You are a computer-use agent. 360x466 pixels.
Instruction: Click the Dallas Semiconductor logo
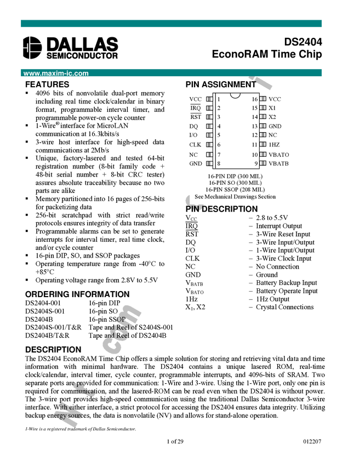(70, 48)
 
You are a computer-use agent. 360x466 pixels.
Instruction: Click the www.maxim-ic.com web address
(56, 73)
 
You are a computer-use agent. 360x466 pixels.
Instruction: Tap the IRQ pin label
(196, 108)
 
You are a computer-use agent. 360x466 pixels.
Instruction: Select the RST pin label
(196, 117)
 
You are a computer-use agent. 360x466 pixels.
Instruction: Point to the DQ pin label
(194, 126)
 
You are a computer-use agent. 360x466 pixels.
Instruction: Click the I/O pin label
(193, 135)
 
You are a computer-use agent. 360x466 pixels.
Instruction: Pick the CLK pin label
(195, 145)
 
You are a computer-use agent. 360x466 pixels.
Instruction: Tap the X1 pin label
(272, 108)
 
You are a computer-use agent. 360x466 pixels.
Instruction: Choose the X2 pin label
(272, 117)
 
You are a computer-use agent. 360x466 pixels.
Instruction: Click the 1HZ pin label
(274, 145)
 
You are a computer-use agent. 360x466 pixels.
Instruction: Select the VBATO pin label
(279, 155)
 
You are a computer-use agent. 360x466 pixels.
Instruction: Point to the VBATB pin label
(279, 163)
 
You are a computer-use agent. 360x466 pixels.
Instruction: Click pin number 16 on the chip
(255, 99)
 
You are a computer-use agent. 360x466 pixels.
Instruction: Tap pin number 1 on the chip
(219, 99)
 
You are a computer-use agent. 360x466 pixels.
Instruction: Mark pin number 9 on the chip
(256, 163)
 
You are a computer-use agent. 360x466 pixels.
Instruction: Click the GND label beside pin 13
(275, 126)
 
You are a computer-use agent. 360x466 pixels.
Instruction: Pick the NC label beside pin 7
(193, 155)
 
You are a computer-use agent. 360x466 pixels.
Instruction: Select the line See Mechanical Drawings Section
(235, 196)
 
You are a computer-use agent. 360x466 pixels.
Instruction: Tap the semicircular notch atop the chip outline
(236, 95)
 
